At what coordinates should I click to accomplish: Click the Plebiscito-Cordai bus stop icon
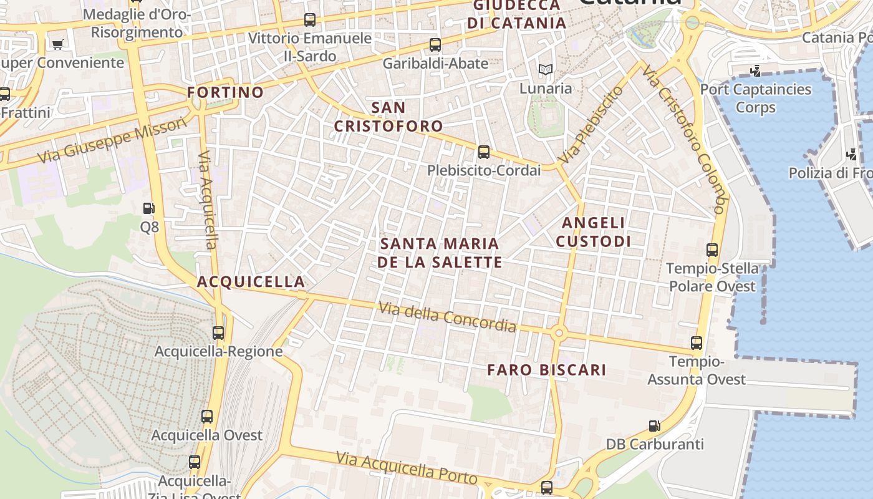pos(483,152)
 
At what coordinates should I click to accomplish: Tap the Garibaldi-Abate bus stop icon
pos(435,45)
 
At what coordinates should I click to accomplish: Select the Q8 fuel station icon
pos(148,208)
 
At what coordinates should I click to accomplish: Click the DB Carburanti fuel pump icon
pos(654,426)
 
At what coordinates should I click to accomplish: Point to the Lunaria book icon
pos(546,69)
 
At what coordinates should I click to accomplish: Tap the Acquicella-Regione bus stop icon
pos(218,333)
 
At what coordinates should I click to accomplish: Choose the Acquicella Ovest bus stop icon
pos(207,417)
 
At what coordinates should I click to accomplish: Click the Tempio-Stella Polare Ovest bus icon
pos(712,250)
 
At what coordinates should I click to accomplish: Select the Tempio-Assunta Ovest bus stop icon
pos(697,343)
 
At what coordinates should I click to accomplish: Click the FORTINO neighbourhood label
pos(226,92)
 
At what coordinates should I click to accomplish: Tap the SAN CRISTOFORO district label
pos(388,117)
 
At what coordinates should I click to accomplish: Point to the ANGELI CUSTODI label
pos(594,232)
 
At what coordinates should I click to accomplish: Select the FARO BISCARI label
pos(546,370)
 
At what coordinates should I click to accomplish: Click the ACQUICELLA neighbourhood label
pos(251,282)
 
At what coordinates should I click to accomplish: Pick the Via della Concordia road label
pos(447,317)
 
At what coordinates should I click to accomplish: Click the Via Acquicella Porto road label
pos(407,468)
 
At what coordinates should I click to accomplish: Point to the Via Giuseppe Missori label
pos(112,142)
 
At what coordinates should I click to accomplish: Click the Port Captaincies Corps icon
pos(756,71)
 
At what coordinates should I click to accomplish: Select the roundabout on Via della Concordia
pos(558,334)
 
